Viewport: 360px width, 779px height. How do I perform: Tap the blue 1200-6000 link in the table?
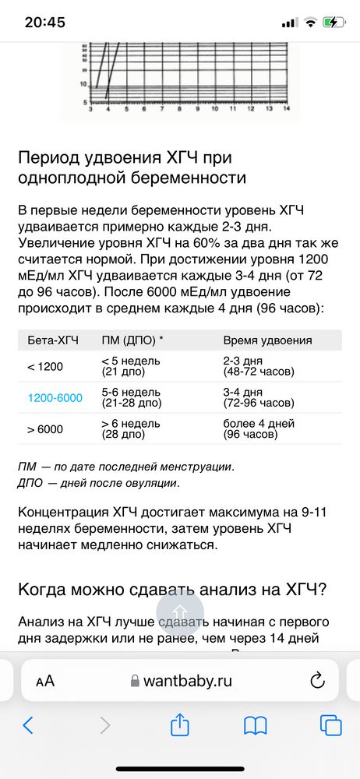coord(55,398)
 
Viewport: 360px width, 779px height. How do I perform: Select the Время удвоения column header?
coord(267,340)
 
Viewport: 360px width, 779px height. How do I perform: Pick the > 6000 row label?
coord(45,429)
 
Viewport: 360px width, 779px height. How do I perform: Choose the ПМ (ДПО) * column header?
coord(132,340)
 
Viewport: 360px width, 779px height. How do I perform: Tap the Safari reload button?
coord(317,680)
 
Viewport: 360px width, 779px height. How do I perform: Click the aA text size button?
coord(45,680)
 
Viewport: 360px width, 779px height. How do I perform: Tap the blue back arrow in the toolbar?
coord(28,725)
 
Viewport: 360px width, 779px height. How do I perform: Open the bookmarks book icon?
coord(256,725)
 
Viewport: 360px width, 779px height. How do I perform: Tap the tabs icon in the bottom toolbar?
coord(330,725)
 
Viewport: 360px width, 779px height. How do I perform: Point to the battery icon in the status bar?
coord(335,22)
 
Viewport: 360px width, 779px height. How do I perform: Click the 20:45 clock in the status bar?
coord(45,22)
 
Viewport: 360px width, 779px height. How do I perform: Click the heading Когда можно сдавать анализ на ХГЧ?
coord(172,590)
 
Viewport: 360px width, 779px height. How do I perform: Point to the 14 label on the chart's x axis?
coord(286,111)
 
